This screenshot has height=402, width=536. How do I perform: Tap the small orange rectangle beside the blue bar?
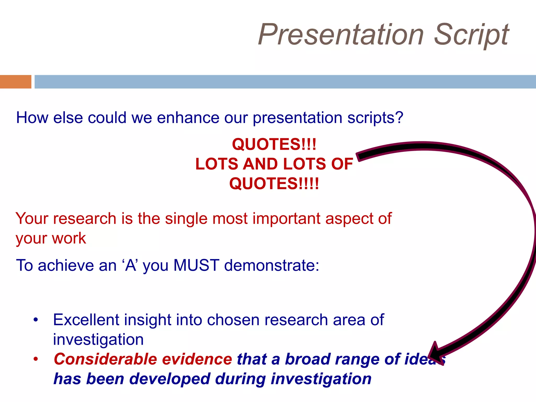tap(15, 82)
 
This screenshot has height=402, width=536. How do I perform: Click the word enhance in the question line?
tap(188, 118)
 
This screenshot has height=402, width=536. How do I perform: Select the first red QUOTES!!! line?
tap(274, 144)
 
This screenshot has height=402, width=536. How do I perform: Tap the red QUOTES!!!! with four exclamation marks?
tap(274, 183)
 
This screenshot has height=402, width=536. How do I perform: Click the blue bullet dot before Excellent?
tap(36, 320)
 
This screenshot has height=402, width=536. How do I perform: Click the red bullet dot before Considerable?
tap(36, 359)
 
